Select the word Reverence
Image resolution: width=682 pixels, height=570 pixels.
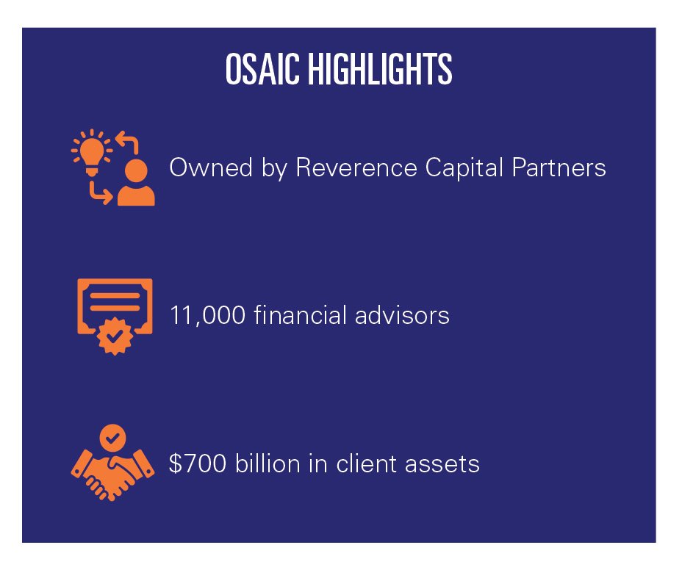point(356,167)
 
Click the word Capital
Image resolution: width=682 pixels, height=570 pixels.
point(464,168)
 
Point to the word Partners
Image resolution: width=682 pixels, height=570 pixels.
point(559,167)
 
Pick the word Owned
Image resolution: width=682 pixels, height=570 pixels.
point(211,167)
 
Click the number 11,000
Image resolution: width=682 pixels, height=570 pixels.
point(207,316)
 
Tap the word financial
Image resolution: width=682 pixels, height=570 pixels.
point(301,314)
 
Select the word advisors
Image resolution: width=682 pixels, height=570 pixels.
point(402,315)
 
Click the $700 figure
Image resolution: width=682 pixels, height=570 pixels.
point(198,463)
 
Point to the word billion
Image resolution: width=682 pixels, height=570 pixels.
point(268,463)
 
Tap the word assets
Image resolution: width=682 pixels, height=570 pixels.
point(442,464)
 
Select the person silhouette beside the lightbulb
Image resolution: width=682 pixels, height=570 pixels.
point(136,183)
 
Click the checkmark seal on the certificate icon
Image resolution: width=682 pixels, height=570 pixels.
point(115,336)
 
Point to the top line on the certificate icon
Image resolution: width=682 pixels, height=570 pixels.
point(115,296)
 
